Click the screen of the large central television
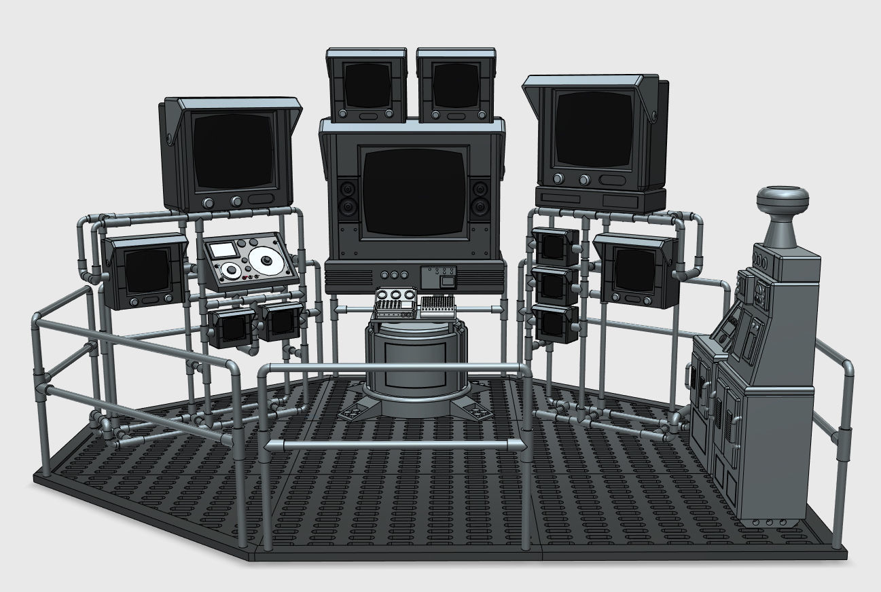click(414, 191)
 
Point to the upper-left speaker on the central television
click(348, 188)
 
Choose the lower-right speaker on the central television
click(481, 205)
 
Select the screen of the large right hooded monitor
click(592, 129)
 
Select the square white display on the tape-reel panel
click(222, 250)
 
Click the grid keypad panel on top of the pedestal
click(437, 308)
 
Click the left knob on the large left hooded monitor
click(208, 202)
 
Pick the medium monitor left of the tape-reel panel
click(145, 272)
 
